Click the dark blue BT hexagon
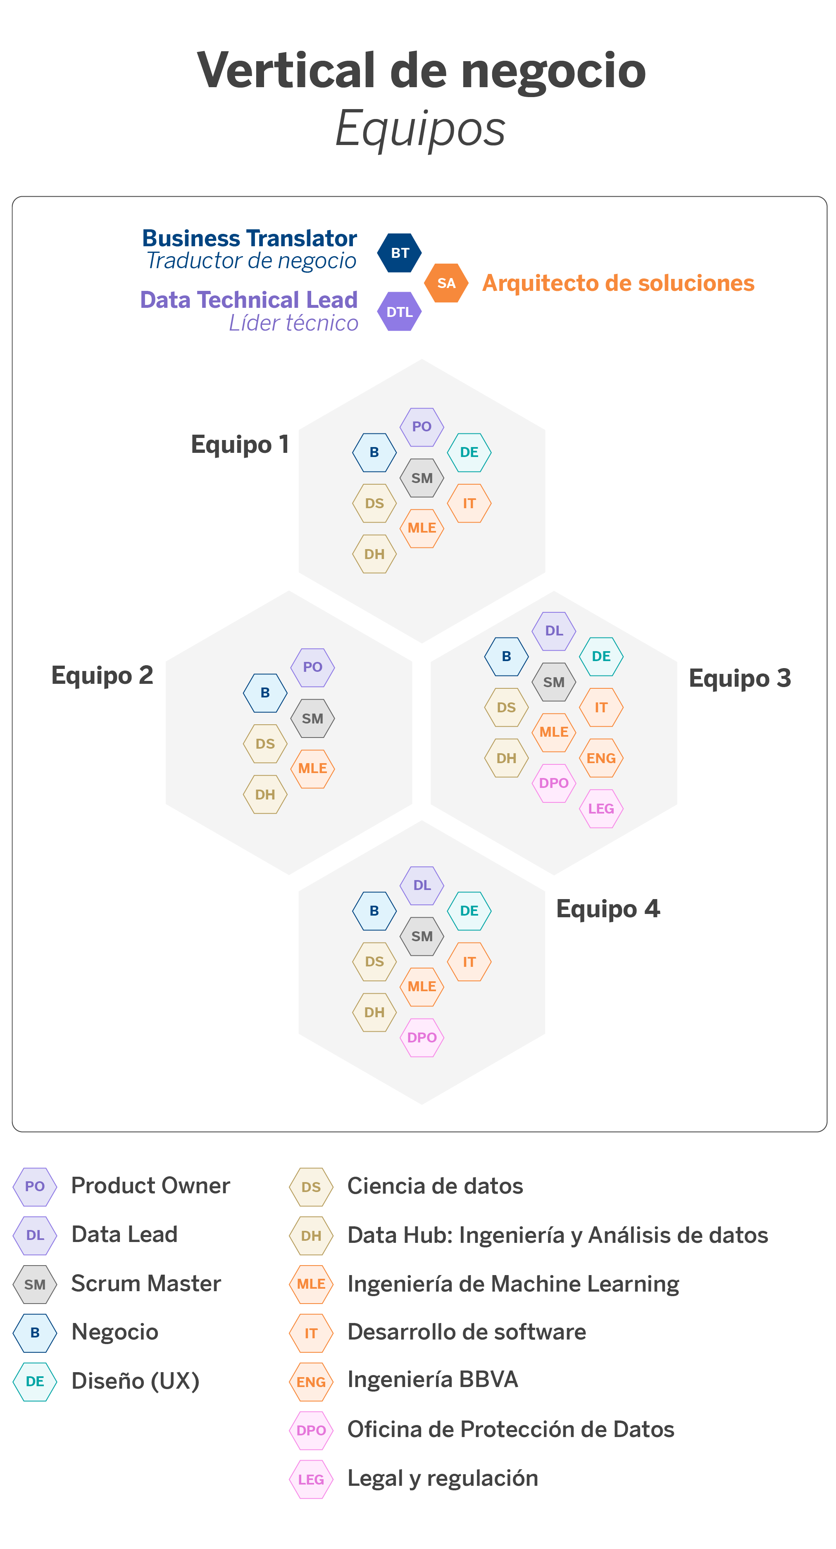coord(399,252)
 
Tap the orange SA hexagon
coord(446,283)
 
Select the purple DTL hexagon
coord(399,312)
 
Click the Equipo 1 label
coord(240,445)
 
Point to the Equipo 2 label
coord(102,675)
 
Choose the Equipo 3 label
coord(740,678)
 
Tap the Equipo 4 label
coord(608,909)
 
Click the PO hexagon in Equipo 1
coord(422,426)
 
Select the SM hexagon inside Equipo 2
coord(313,718)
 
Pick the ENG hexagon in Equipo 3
coord(601,758)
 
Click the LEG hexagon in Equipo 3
coord(601,809)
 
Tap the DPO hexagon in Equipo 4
coord(422,1037)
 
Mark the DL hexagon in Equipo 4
coord(422,885)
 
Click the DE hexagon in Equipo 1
coord(469,452)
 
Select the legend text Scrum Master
coord(146,1284)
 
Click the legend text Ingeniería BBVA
coord(432,1380)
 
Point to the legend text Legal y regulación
coord(443,1478)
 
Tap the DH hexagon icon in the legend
coord(311,1236)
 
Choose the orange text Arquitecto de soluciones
coord(618,283)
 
